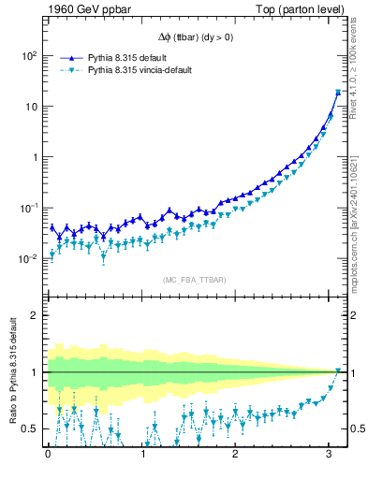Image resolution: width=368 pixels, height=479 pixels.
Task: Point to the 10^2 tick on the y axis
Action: point(28,56)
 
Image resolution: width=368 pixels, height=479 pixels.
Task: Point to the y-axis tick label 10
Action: point(31,107)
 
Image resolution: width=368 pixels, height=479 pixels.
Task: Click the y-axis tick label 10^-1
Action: point(28,208)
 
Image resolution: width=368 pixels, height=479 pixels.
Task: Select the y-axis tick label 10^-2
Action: point(28,258)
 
